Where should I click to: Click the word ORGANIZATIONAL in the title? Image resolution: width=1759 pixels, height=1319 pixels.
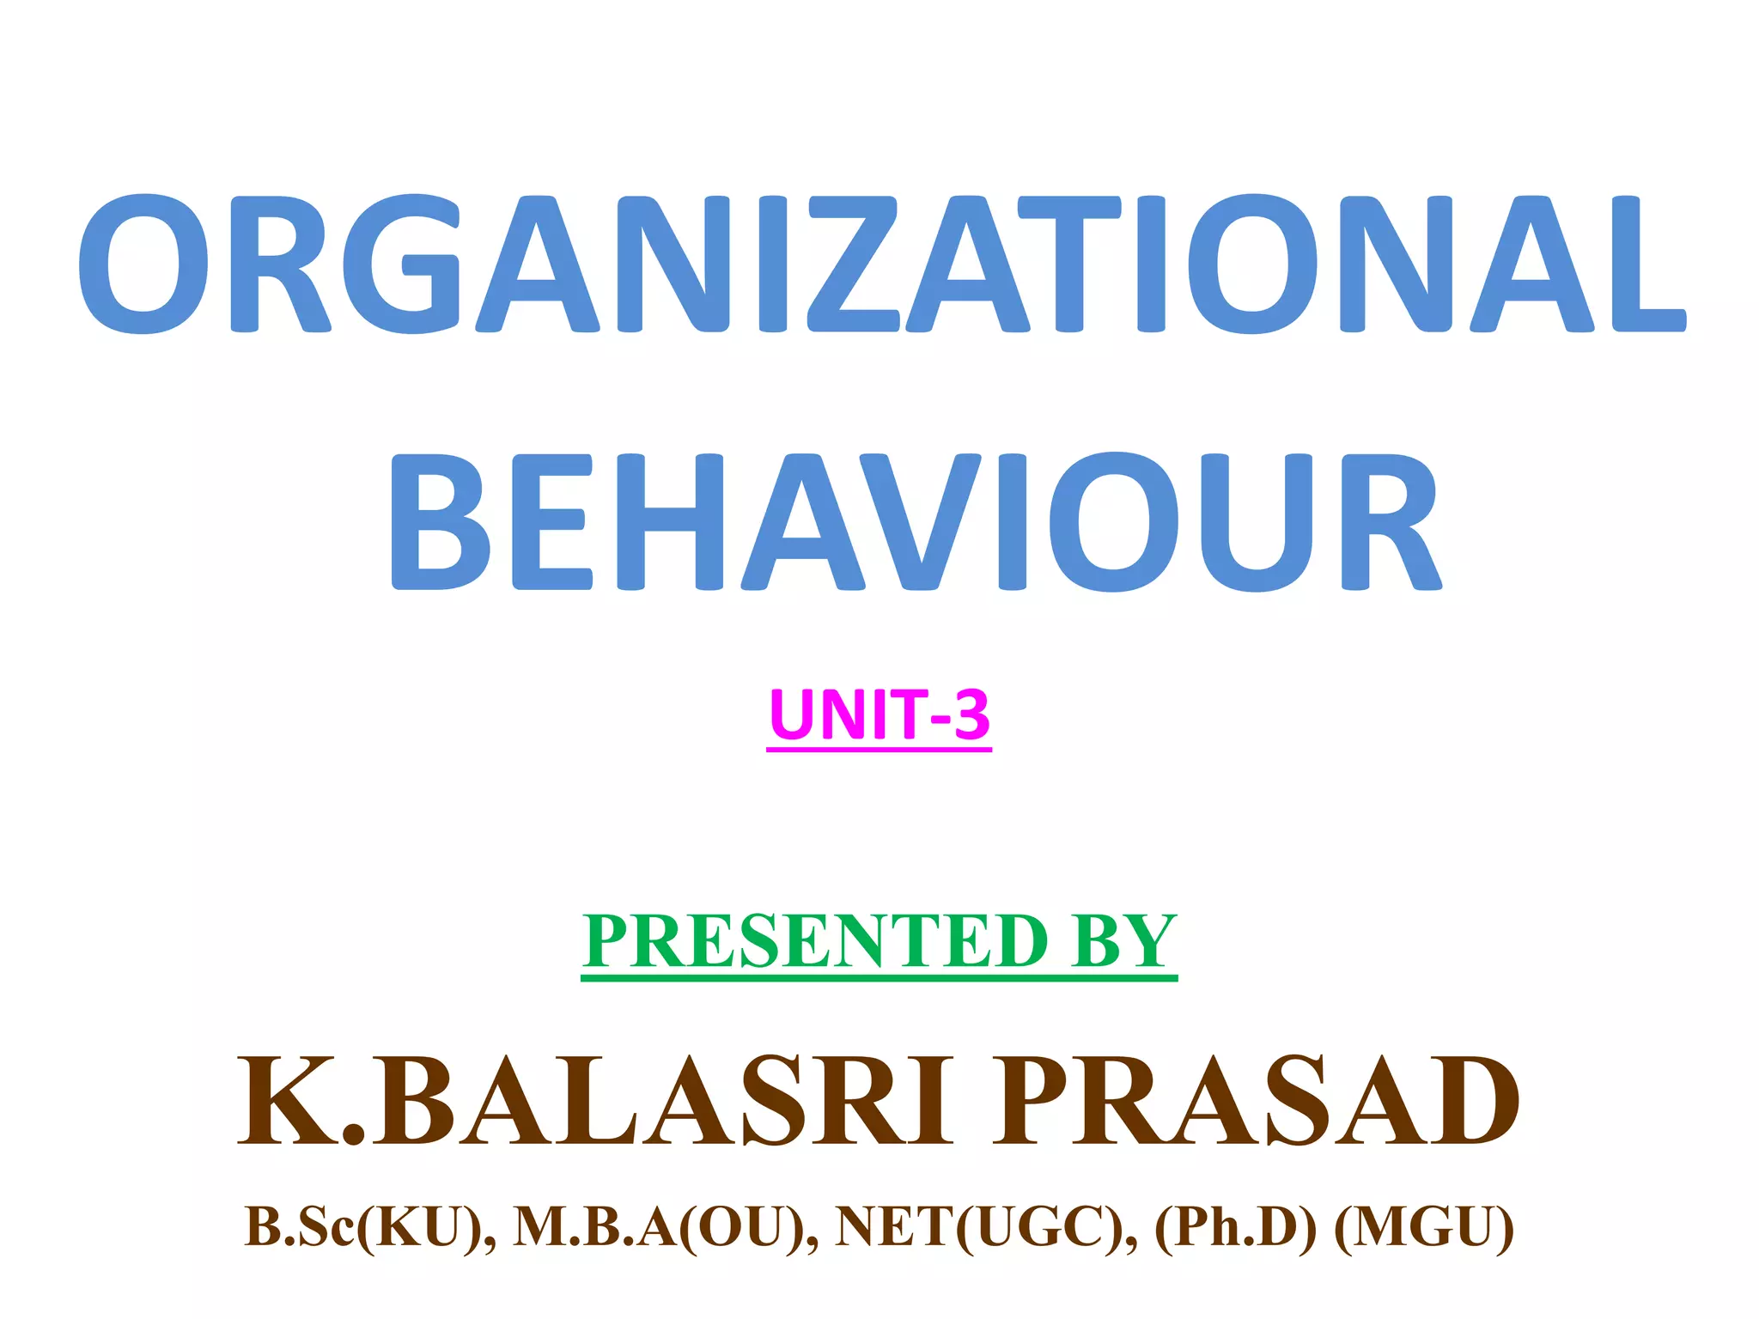[x=881, y=264]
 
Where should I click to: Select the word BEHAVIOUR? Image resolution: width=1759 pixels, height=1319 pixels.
[x=916, y=522]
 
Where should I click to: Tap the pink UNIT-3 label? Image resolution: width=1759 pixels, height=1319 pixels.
[x=879, y=714]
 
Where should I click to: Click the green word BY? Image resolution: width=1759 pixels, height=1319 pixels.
[x=1123, y=941]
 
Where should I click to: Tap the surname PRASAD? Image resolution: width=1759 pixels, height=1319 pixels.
[x=1256, y=1102]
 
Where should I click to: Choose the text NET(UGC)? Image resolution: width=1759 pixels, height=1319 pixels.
[x=986, y=1226]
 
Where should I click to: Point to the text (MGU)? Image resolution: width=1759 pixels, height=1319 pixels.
[x=1424, y=1226]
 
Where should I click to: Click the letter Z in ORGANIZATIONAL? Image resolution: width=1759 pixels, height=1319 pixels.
[x=854, y=264]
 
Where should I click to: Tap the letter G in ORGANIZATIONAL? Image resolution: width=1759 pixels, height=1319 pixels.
[x=402, y=264]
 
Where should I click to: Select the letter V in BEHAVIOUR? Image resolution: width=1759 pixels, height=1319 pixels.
[x=921, y=522]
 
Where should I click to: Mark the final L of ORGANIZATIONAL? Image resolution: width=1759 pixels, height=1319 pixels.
[x=1647, y=264]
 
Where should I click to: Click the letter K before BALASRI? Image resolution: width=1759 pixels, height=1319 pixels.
[x=289, y=1102]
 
